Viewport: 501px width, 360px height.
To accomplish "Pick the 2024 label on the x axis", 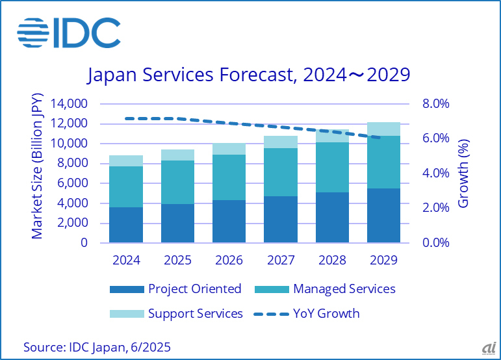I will pyautogui.click(x=125, y=261).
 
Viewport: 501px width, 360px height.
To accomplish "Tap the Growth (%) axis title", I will pyautogui.click(x=463, y=173).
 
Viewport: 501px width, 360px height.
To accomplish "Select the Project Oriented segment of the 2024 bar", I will pyautogui.click(x=125, y=225).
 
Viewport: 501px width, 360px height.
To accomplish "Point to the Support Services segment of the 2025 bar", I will pyautogui.click(x=177, y=155).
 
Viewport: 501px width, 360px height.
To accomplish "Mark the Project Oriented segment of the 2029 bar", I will pyautogui.click(x=383, y=215).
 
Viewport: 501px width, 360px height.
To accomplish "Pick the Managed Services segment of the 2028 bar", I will pyautogui.click(x=331, y=167).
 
